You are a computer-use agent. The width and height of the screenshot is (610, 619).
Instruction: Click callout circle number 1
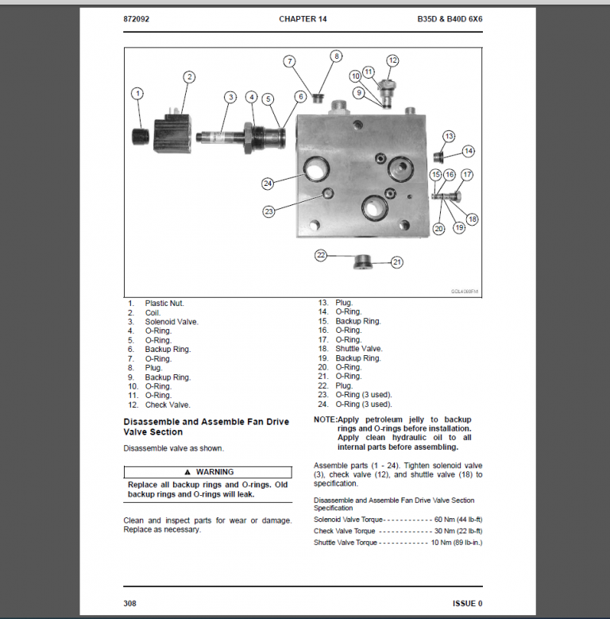[x=137, y=94]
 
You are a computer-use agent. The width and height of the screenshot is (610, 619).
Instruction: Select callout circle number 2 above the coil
[x=189, y=77]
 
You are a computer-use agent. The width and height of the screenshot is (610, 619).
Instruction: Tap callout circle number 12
[x=392, y=60]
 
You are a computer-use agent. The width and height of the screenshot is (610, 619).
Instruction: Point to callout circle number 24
[x=268, y=184]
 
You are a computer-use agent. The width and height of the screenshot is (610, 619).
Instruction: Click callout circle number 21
[x=396, y=261]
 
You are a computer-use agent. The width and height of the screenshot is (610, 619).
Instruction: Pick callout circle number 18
[x=473, y=219]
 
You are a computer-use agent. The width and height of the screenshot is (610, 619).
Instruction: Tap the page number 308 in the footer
[x=130, y=603]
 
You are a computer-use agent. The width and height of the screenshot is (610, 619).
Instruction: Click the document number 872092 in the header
[x=139, y=18]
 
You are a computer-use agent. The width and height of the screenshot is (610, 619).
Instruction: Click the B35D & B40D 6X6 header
[x=450, y=18]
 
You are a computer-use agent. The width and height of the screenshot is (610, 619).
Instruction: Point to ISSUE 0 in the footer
[x=467, y=603]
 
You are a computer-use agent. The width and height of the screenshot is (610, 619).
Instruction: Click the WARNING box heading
[x=208, y=472]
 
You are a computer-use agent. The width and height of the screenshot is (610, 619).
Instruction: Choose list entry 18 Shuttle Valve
[x=358, y=349]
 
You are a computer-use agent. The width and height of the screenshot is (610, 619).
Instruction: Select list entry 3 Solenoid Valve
[x=171, y=322]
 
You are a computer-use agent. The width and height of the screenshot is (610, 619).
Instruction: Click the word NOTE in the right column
[x=325, y=420]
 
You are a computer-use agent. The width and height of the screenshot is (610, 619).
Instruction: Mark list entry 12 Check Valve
[x=167, y=404]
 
